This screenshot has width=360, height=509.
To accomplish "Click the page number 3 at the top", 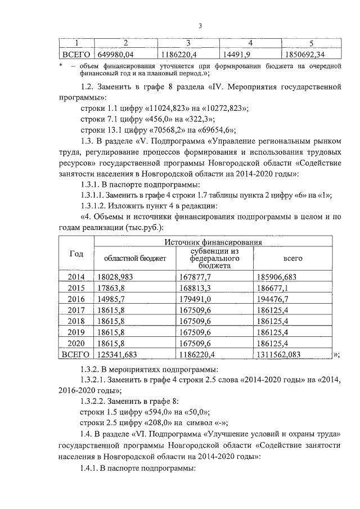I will pos(200,25).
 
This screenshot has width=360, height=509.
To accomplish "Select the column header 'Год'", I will pos(76,254).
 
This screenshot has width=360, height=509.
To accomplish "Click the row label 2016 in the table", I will pos(76,299).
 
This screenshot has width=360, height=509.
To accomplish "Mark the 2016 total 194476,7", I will pos(272,299).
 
